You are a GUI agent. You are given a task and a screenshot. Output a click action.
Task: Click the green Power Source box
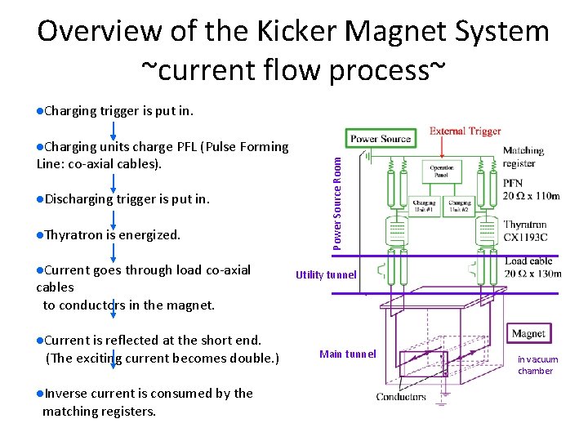click(x=381, y=139)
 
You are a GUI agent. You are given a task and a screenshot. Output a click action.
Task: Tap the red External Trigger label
click(x=465, y=131)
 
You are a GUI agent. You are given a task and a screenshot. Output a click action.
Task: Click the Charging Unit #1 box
click(x=424, y=206)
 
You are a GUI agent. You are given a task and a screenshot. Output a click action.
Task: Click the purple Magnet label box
click(x=529, y=333)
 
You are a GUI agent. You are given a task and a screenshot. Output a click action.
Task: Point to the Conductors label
click(x=401, y=397)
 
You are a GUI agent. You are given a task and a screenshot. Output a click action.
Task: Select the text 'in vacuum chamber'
click(x=537, y=365)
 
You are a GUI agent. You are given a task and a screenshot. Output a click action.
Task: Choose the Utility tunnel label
click(x=326, y=275)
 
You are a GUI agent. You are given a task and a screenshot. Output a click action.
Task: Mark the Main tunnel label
click(x=348, y=354)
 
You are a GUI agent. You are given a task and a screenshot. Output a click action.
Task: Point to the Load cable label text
click(x=528, y=261)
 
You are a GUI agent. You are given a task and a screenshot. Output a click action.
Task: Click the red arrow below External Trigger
click(x=442, y=148)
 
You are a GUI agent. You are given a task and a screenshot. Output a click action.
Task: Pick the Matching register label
click(x=523, y=157)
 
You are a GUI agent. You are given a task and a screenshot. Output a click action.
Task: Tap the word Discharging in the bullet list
click(x=78, y=198)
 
